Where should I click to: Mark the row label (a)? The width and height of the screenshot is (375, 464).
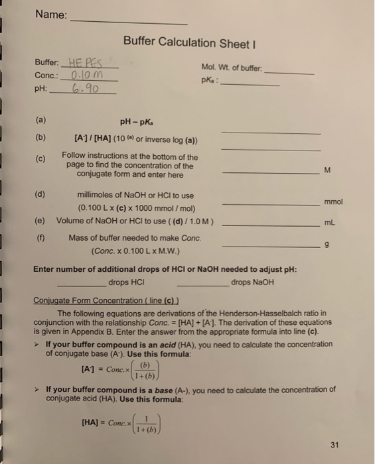click(x=41, y=122)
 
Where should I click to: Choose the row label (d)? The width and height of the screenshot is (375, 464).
click(x=41, y=195)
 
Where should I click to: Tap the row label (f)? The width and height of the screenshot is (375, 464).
click(x=41, y=238)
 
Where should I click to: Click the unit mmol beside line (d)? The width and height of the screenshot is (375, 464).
click(x=334, y=201)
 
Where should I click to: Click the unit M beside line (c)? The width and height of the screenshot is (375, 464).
click(x=327, y=171)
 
